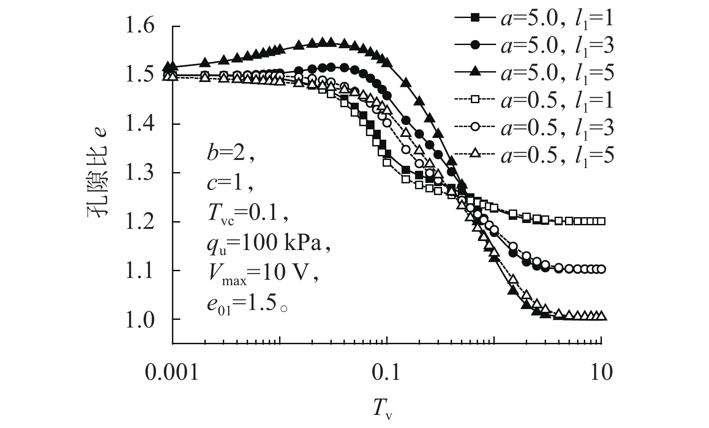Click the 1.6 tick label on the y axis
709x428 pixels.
146,26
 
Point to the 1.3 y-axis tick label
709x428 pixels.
146,173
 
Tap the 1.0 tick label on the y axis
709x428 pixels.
146,319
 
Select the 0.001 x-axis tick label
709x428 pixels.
172,373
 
